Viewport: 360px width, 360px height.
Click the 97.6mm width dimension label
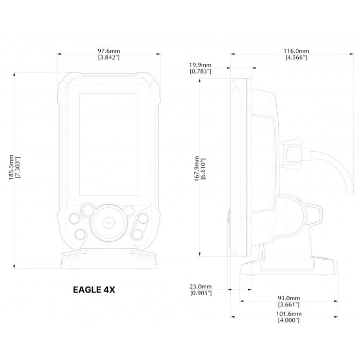109,51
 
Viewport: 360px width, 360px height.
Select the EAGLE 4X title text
94,289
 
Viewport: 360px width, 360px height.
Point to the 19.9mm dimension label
201,65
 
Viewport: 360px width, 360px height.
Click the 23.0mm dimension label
201,286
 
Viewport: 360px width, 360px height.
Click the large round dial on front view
109,222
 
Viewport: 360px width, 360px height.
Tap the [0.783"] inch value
201,71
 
